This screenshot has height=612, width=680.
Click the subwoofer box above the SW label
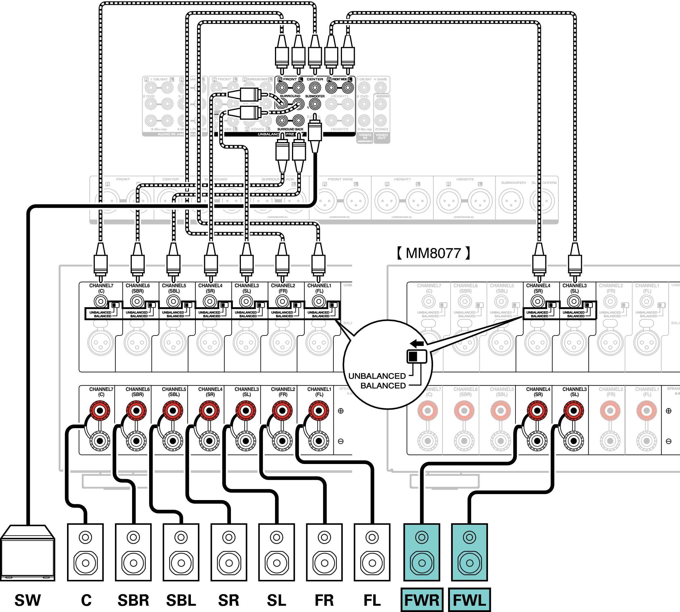28,553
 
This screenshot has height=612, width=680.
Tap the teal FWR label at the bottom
422,600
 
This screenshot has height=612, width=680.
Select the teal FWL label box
470,600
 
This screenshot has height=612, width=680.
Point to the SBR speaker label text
134,600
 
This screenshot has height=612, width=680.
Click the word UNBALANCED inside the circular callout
377,376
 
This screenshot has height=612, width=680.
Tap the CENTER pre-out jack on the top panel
315,88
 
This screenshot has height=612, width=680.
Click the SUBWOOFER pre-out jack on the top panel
315,104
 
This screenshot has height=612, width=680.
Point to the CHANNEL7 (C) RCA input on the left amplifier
101,301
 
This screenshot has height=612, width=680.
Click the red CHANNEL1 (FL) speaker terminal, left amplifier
319,411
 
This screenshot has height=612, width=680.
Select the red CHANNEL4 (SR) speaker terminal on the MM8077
537,411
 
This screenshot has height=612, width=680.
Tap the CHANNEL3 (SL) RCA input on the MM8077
574,301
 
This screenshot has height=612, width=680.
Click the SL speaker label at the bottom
277,600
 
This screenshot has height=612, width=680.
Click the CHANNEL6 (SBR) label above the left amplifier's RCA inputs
137,288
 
